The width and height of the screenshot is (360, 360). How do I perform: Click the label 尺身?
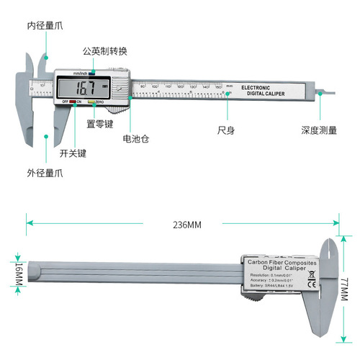tap(228, 131)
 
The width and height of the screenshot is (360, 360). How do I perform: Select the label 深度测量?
tap(319, 131)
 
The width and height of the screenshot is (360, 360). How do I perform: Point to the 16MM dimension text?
tap(16, 274)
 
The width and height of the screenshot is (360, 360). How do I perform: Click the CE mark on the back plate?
tap(311, 284)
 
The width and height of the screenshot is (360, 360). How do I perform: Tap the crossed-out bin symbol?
tap(311, 274)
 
